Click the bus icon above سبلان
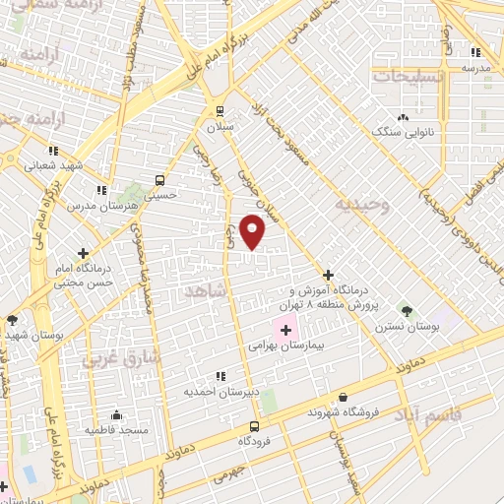pyautogui.click(x=218, y=110)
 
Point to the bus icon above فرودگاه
pyautogui.click(x=255, y=426)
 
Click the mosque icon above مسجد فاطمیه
pyautogui.click(x=116, y=414)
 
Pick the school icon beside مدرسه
pyautogui.click(x=476, y=52)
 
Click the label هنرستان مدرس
pyautogui.click(x=95, y=207)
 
